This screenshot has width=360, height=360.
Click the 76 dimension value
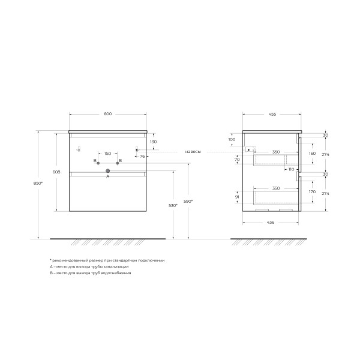tap(142, 156)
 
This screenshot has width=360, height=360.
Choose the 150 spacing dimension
tap(107, 154)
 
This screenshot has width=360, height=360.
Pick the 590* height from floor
tap(187, 202)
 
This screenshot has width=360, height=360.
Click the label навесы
tap(193, 152)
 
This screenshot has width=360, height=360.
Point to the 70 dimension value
tap(237, 160)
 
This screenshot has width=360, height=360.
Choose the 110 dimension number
tap(291, 169)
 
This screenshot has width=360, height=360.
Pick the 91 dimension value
tap(237, 197)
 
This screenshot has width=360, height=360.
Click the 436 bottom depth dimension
tap(270, 223)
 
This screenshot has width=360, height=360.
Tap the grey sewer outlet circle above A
tap(108, 171)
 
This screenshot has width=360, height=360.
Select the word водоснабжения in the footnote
tap(115, 272)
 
